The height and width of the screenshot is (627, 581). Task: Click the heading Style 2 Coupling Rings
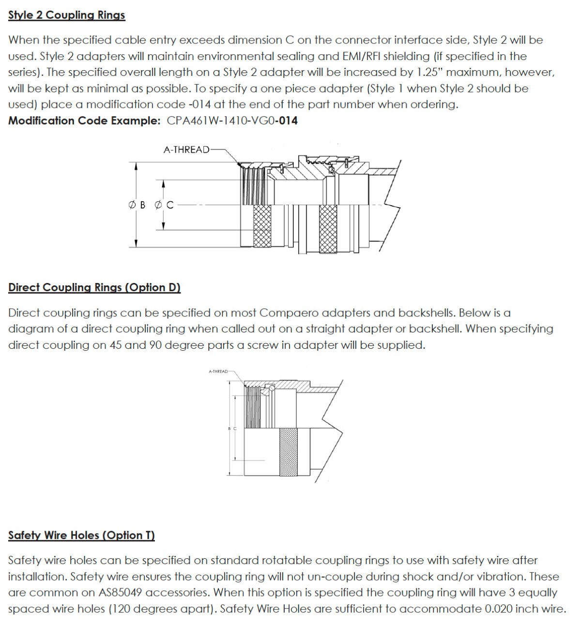[x=66, y=15]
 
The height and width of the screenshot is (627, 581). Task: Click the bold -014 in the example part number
[x=286, y=120]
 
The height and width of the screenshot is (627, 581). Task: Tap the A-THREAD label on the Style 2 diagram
[x=186, y=149]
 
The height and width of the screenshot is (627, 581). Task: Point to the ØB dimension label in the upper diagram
[x=137, y=205]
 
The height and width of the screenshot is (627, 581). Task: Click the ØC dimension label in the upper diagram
[x=164, y=205]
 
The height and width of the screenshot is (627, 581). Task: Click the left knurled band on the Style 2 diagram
[x=262, y=225]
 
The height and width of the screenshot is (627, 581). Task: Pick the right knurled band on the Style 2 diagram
[x=328, y=228]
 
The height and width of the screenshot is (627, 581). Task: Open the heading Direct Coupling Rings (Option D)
[x=94, y=287]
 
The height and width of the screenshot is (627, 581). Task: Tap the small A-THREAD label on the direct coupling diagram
[x=218, y=372]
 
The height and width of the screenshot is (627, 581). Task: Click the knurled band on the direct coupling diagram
[x=289, y=452]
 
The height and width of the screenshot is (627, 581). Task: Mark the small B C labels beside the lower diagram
[x=232, y=429]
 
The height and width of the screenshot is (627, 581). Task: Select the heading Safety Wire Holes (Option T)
[x=81, y=535]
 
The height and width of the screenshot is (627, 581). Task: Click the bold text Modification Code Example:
[x=84, y=120]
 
